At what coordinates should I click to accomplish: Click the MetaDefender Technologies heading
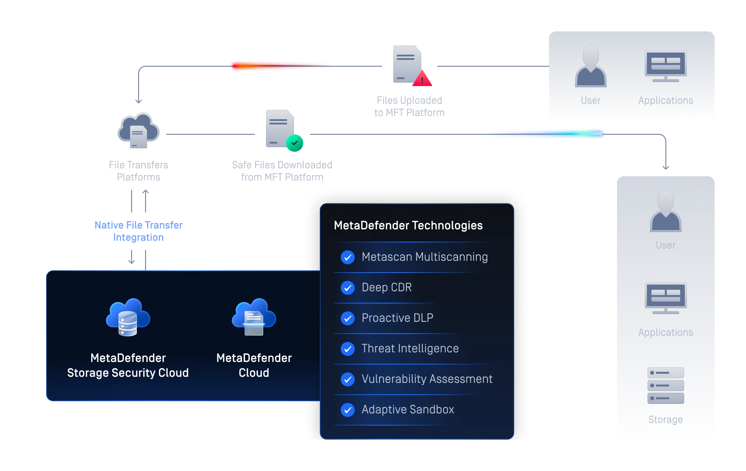(x=408, y=225)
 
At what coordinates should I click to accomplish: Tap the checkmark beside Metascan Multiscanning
(x=348, y=257)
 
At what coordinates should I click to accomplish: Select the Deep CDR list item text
(x=387, y=288)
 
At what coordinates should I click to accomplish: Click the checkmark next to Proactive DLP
(x=348, y=318)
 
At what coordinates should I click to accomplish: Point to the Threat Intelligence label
(x=410, y=349)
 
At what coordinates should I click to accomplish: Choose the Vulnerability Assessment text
(x=427, y=379)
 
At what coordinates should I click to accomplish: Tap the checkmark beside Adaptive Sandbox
(x=348, y=410)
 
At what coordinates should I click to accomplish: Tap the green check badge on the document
(x=294, y=143)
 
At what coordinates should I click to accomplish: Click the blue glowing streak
(x=545, y=134)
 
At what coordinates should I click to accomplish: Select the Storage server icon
(x=666, y=386)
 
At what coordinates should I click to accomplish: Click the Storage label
(x=666, y=420)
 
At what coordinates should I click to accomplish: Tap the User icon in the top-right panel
(x=591, y=66)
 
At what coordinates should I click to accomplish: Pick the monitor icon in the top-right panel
(x=666, y=66)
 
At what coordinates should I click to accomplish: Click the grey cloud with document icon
(x=138, y=131)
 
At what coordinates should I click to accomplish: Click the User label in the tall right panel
(x=666, y=245)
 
